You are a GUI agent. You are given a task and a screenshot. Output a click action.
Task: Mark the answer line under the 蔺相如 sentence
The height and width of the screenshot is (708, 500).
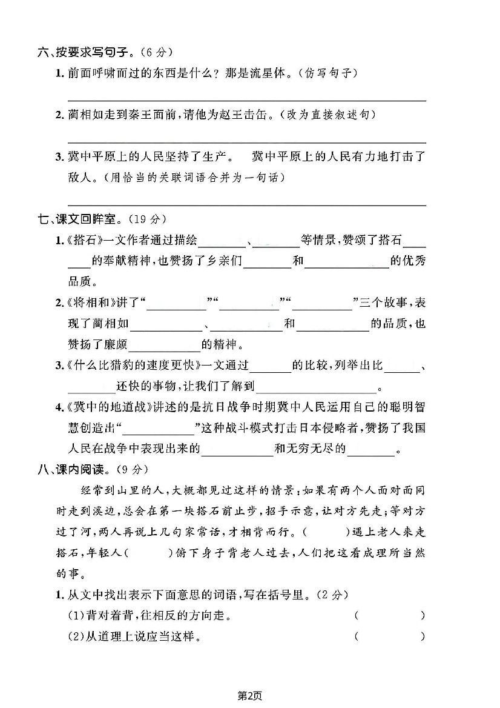click(246, 141)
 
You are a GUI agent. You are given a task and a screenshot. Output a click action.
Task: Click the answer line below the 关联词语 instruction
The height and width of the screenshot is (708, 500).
click(246, 204)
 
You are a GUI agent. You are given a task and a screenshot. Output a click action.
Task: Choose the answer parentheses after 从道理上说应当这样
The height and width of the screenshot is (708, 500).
click(390, 636)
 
